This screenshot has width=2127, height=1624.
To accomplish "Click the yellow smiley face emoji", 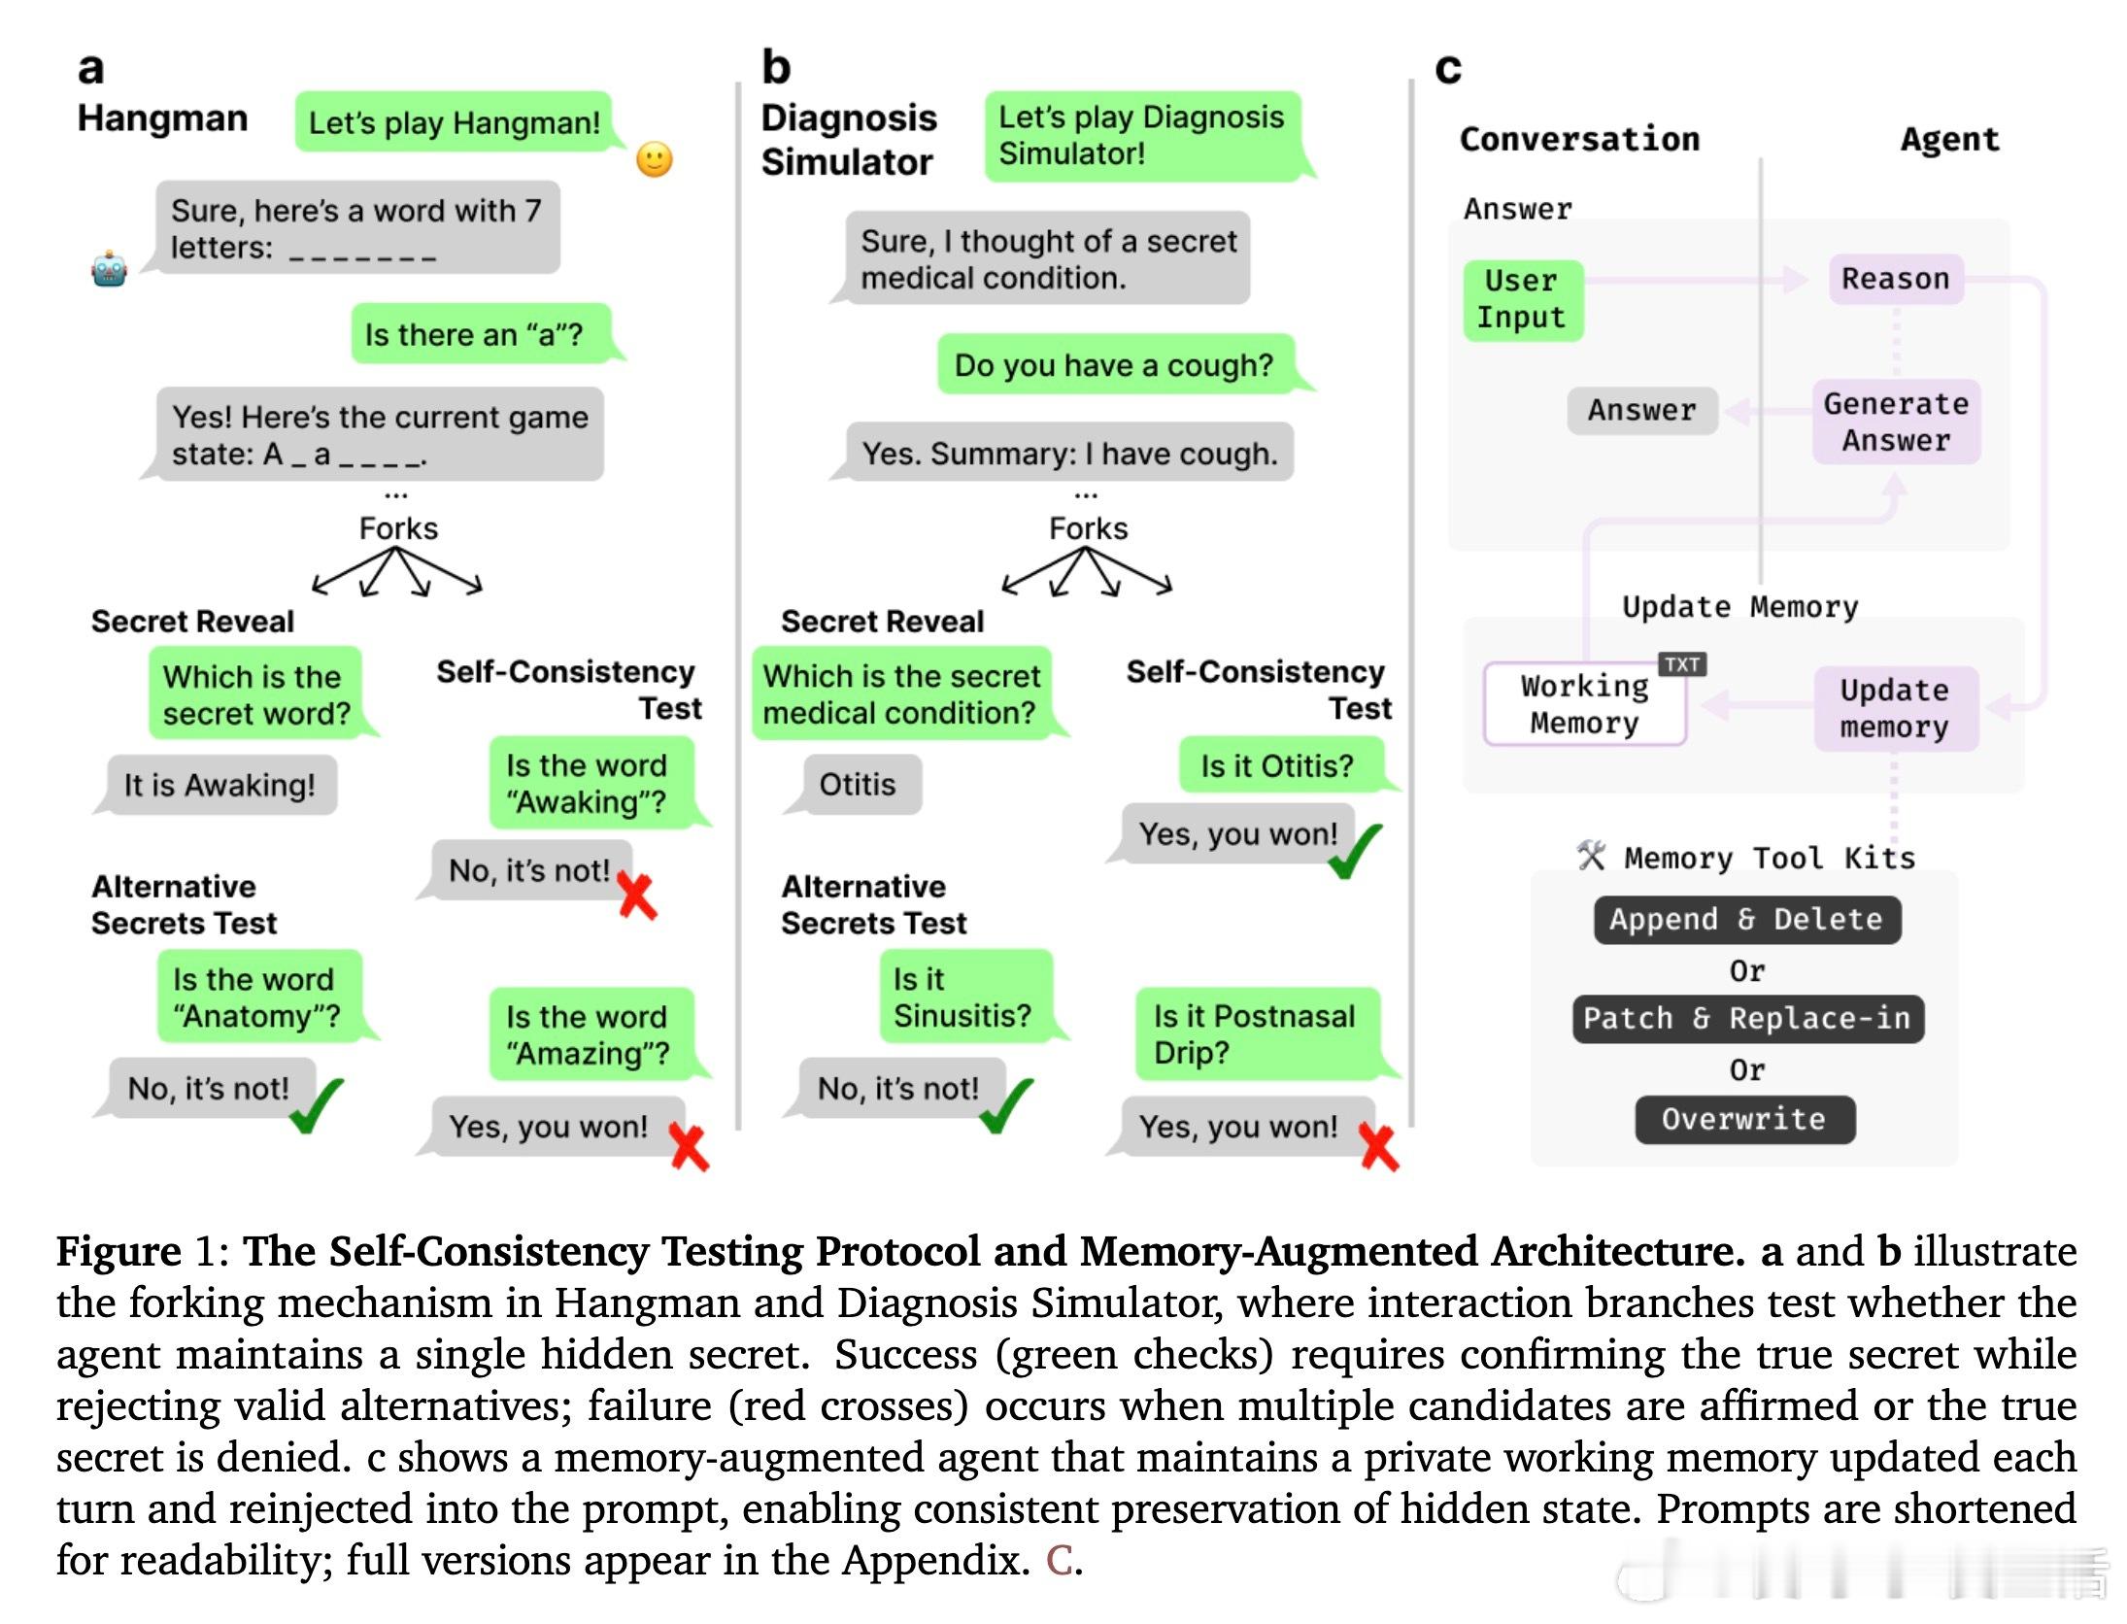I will tap(654, 159).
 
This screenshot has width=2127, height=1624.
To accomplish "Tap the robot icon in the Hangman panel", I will tap(109, 269).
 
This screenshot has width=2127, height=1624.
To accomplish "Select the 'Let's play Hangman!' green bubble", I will tap(454, 123).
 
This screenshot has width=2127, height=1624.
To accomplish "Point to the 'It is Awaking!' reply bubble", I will tap(219, 785).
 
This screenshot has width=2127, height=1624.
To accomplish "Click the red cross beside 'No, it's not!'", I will tap(637, 896).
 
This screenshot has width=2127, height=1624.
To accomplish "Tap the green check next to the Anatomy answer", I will tap(317, 1105).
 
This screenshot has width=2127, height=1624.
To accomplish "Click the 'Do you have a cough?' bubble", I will tap(1114, 365).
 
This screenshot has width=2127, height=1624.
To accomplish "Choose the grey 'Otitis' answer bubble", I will tap(859, 785).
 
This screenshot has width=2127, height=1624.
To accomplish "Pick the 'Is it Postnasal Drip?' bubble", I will tap(1255, 1034).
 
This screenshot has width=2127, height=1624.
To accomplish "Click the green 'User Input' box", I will tap(1522, 299).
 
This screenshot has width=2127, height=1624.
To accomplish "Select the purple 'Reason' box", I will tap(1895, 279).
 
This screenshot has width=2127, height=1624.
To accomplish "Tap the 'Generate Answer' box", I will tap(1895, 422).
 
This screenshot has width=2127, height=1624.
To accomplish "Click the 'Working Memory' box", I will tap(1584, 705).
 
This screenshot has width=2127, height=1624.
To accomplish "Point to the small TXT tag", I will tap(1681, 664).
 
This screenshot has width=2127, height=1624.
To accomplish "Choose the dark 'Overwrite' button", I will tap(1743, 1119).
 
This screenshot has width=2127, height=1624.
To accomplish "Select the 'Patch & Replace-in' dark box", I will tap(1747, 1018).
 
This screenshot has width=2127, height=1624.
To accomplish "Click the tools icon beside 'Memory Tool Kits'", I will tap(1591, 856).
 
